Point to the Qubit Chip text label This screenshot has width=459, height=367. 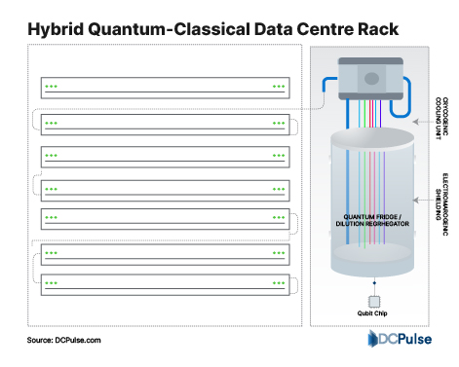(x=371, y=313)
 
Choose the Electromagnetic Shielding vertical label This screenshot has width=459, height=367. (x=440, y=195)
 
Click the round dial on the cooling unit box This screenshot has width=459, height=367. (x=372, y=79)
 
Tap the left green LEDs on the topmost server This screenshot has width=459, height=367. (x=51, y=87)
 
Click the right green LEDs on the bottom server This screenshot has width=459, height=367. (x=279, y=281)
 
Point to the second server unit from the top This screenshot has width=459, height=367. (x=165, y=124)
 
